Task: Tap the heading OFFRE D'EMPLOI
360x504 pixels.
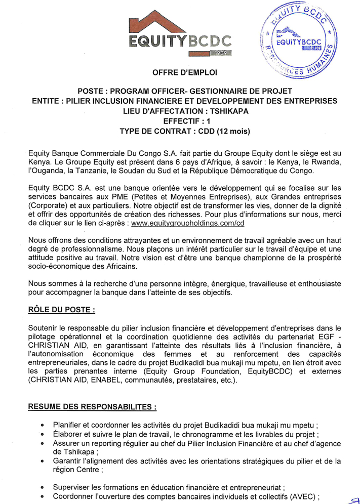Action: click(184, 73)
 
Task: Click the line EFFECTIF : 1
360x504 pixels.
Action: click(184, 121)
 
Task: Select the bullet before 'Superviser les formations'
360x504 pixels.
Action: click(42, 487)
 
